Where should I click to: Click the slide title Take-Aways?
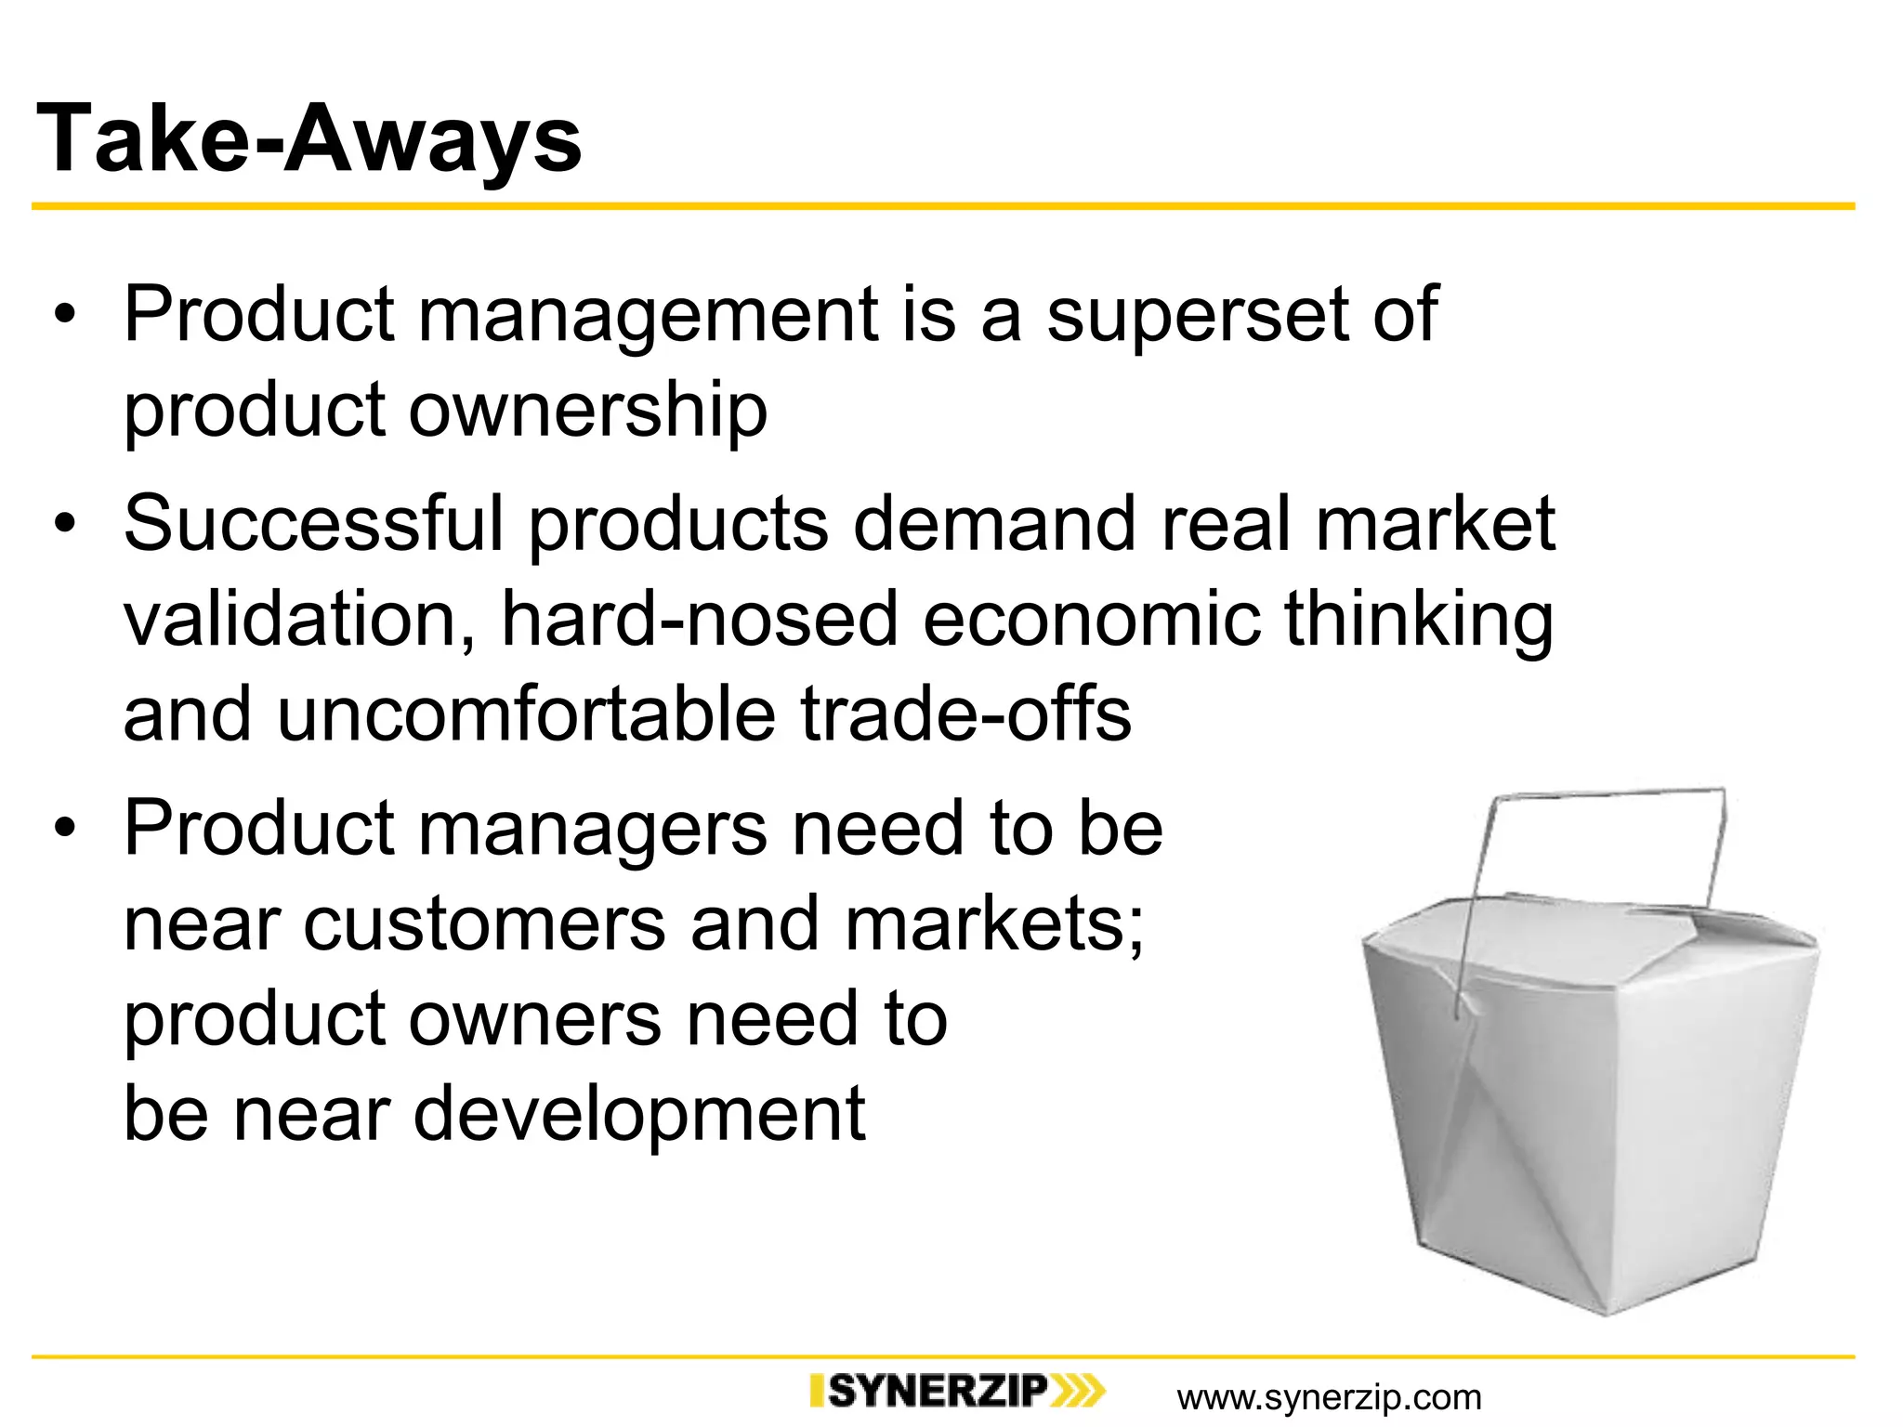pos(308,139)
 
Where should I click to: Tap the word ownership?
pos(588,411)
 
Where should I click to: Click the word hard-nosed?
pos(699,620)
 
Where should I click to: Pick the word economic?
pos(1091,620)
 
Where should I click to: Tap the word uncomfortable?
pos(526,714)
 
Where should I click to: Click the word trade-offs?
pos(966,714)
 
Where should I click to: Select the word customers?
pos(484,924)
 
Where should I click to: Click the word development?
pos(639,1114)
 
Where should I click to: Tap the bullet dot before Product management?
pos(63,316)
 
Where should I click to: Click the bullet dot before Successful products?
pos(63,525)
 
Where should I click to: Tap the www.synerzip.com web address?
pos(1329,1397)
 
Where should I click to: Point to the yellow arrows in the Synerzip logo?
pos(1078,1391)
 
